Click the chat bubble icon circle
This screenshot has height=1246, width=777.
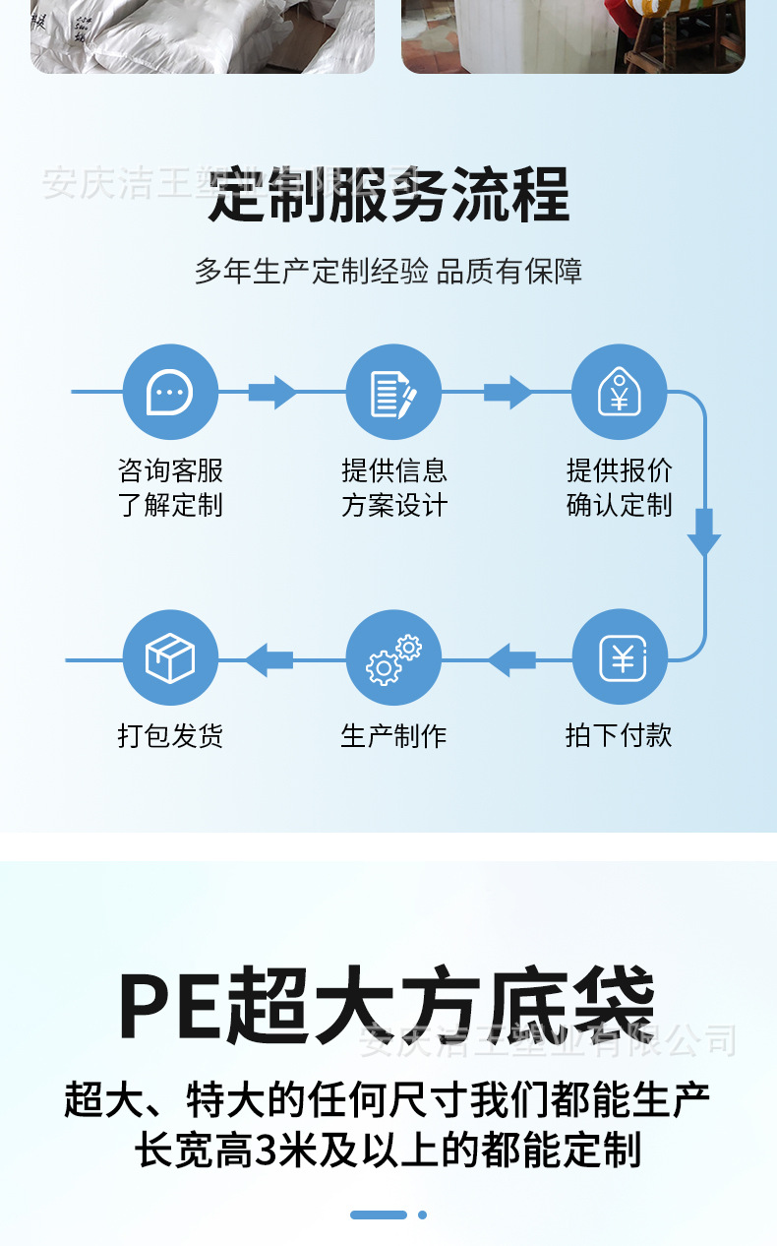(x=170, y=392)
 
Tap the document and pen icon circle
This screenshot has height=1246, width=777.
(x=394, y=392)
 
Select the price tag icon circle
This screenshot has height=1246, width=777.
(x=619, y=392)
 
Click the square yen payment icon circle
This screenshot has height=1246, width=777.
(x=620, y=657)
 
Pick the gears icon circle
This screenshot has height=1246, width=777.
(x=394, y=657)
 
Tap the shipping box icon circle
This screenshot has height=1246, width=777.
(x=170, y=657)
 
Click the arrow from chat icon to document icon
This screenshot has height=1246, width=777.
(x=271, y=392)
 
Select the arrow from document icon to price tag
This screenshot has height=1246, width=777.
(x=508, y=392)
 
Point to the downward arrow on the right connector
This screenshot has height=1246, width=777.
(x=704, y=531)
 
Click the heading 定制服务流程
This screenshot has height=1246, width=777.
(x=388, y=195)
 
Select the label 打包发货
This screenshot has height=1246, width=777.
(x=170, y=735)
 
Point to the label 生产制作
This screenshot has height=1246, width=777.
(x=393, y=735)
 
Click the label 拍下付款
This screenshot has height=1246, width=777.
(x=619, y=735)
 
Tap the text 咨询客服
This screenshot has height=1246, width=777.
(x=170, y=470)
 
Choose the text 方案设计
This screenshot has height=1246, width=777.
(x=394, y=505)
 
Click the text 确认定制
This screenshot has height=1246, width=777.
(x=619, y=505)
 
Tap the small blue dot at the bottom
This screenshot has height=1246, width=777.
(x=422, y=1215)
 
